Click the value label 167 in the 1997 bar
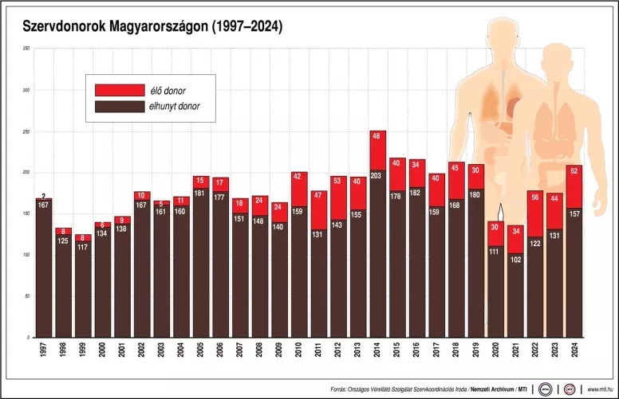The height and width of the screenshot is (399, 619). pyautogui.click(x=44, y=205)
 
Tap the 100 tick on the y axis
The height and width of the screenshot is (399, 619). pyautogui.click(x=26, y=255)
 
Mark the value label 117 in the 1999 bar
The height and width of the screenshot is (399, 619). pyautogui.click(x=83, y=246)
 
